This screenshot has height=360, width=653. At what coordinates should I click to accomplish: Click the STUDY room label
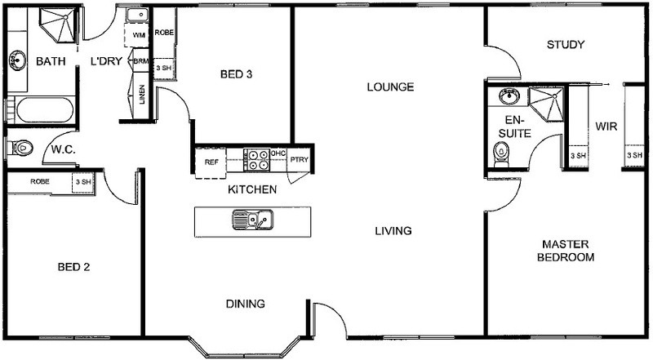coord(565,45)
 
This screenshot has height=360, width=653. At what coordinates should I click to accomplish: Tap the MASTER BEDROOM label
coord(566,251)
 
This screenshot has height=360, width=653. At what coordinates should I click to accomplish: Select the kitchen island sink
coord(253,220)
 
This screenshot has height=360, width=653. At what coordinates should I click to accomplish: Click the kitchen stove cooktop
coord(256,160)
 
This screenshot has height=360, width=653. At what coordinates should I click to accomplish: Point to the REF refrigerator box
coord(211,162)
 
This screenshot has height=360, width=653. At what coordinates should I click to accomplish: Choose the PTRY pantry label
coord(299,159)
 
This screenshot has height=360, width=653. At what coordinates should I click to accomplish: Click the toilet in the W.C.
coord(20,148)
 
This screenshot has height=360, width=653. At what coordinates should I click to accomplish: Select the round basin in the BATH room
coord(17,60)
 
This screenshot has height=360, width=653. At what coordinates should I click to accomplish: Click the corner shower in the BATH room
coord(59,24)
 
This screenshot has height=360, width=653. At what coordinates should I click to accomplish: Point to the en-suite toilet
coord(500,154)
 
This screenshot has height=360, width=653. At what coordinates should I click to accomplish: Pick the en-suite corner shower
coord(546,104)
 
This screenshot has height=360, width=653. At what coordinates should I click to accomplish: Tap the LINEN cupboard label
coord(142,95)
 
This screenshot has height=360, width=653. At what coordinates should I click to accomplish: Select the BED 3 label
coord(236,74)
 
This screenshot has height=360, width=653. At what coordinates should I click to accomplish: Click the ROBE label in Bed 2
coord(40,182)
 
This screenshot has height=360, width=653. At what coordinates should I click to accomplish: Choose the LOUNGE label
coord(390,87)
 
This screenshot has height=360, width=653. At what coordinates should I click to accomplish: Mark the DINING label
coord(246,304)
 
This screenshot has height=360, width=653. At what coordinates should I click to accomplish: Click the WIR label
coord(606,127)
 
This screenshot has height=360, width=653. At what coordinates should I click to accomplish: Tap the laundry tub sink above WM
coord(137,16)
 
